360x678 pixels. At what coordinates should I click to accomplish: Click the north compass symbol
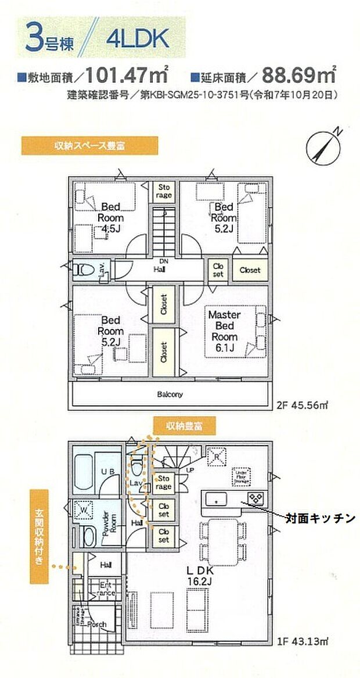[x=323, y=145]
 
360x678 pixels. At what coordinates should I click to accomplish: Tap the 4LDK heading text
[x=137, y=38]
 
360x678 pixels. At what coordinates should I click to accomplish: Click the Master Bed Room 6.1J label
[x=224, y=331]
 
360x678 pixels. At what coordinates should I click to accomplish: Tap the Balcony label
[x=170, y=394]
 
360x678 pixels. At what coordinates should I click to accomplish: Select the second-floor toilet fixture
[x=82, y=269]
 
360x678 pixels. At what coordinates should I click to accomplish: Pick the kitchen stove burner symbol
[x=256, y=498]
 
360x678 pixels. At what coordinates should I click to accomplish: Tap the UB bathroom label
[x=106, y=473]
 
